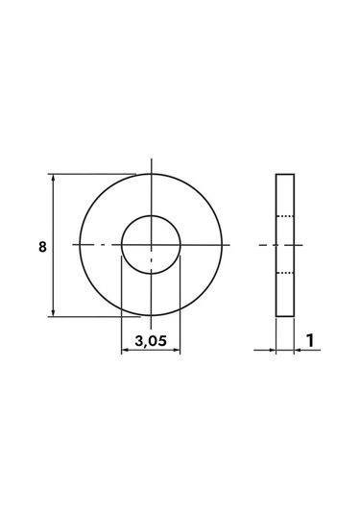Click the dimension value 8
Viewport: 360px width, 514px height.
tap(42, 247)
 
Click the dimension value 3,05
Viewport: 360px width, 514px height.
tap(151, 341)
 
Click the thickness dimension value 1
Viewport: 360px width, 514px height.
tap(310, 340)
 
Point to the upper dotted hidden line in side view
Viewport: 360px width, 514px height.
tap(285, 216)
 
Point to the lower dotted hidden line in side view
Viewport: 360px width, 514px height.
tap(285, 273)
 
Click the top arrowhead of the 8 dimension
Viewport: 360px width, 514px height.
tap(54, 178)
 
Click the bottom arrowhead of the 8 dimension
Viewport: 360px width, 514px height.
tap(54, 313)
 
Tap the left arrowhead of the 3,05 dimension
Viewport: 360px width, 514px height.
tap(125, 350)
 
